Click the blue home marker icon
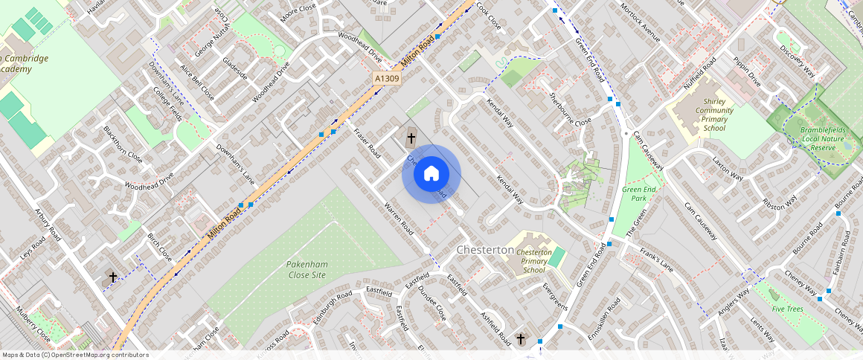click(431, 174)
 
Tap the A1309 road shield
click(387, 77)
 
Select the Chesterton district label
click(485, 250)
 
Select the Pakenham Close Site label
click(306, 269)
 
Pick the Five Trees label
click(786, 309)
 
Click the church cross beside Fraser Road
click(411, 138)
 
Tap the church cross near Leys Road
click(113, 277)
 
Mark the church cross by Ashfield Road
click(521, 340)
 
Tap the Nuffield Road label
click(699, 73)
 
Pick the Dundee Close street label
click(431, 303)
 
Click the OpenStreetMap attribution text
click(74, 355)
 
